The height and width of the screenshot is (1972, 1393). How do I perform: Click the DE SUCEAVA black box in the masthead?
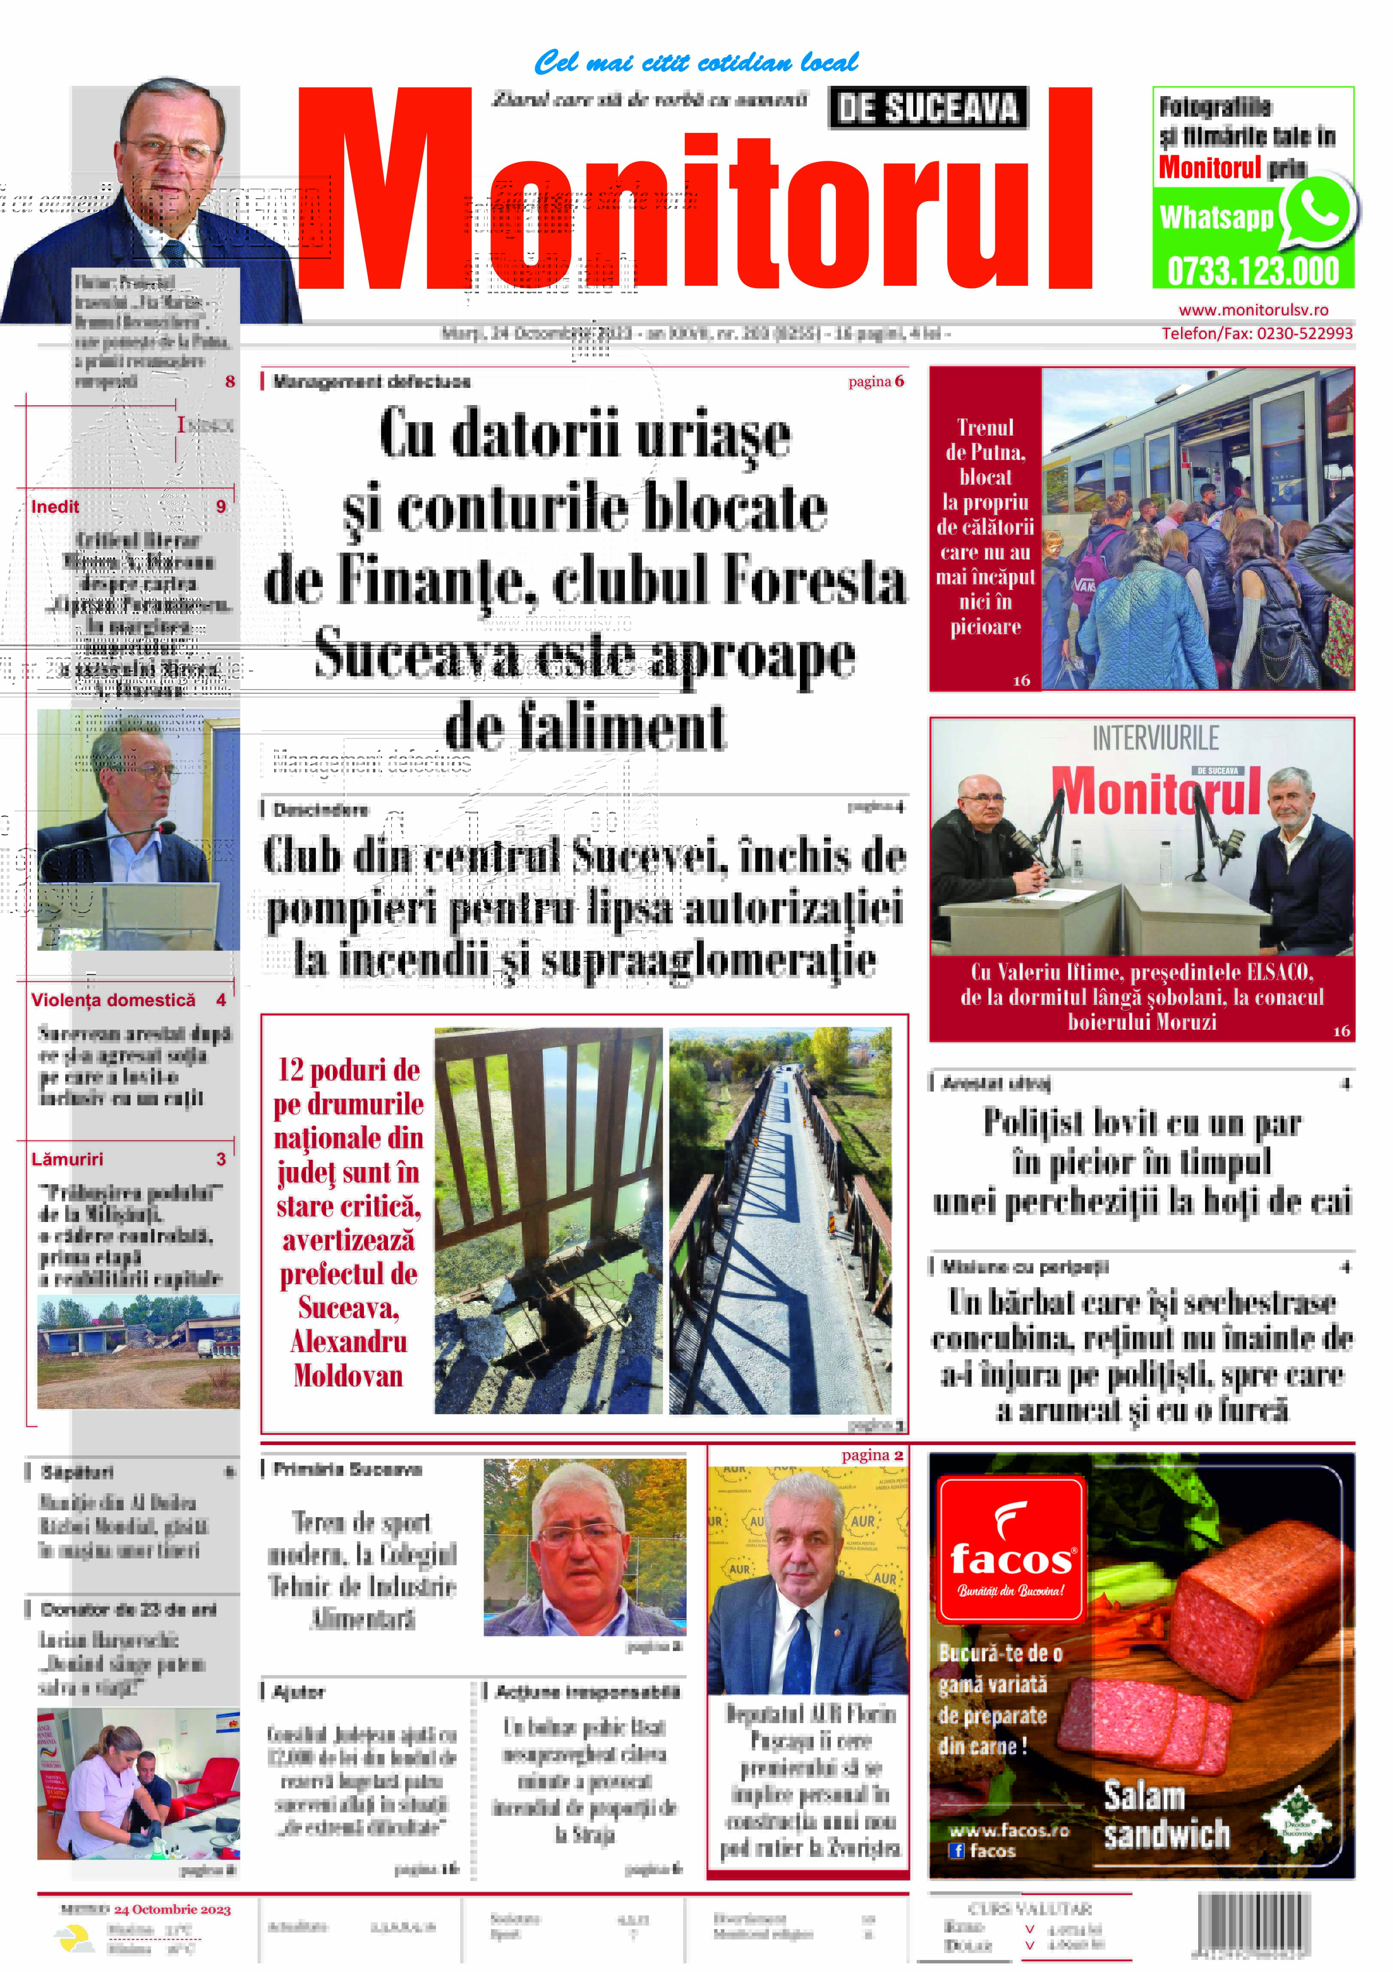927,108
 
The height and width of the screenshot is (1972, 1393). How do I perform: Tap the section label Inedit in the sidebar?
55,507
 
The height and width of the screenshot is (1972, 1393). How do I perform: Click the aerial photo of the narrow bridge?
780,1220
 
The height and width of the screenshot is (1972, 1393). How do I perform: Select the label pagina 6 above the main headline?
876,381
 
